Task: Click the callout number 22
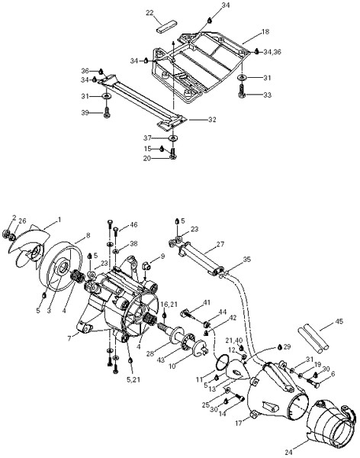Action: pos(149,13)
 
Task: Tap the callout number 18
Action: pos(265,31)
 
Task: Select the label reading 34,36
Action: pos(272,52)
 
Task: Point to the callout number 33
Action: pos(267,95)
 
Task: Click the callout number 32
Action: pos(212,120)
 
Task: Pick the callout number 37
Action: pos(148,137)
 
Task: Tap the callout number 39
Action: pos(85,113)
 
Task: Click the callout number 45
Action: pos(339,321)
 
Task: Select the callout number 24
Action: pos(288,452)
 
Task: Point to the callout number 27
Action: pos(220,244)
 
